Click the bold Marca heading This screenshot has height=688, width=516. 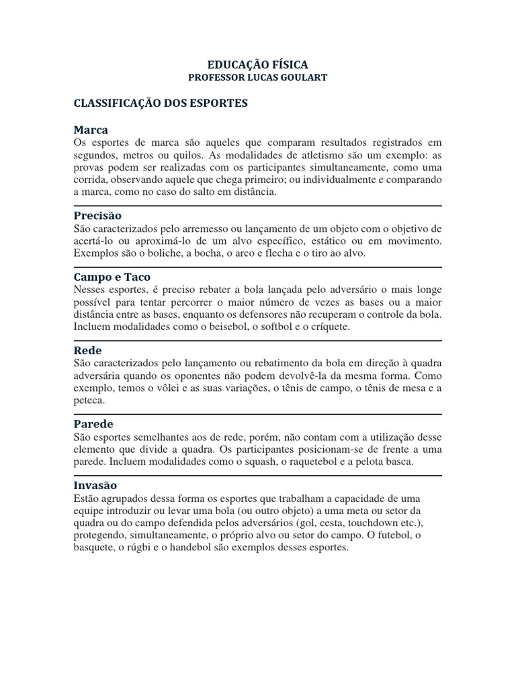[x=90, y=129]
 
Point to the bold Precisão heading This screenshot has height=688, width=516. [x=97, y=215]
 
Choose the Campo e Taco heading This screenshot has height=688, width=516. [x=112, y=277]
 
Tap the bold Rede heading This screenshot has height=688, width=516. [x=87, y=350]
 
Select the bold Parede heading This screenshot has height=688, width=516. [x=93, y=424]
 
